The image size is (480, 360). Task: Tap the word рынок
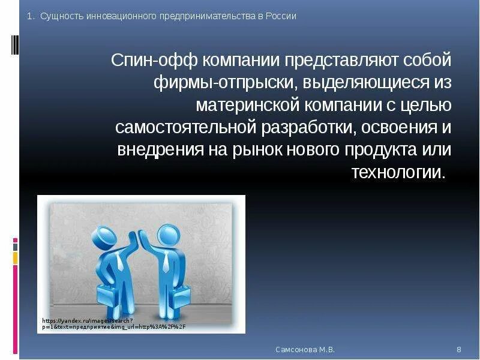[260, 149]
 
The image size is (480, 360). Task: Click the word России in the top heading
[280, 16]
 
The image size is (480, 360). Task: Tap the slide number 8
[459, 349]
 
